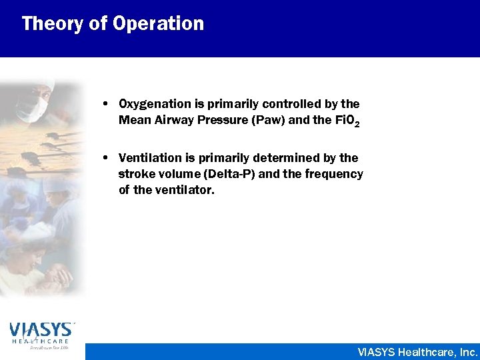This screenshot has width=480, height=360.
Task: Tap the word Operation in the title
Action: pyautogui.click(x=159, y=24)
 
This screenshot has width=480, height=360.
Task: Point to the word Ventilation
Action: pyautogui.click(x=145, y=158)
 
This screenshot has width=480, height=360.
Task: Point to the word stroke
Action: pyautogui.click(x=135, y=175)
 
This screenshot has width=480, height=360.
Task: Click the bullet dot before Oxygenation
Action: pyautogui.click(x=107, y=105)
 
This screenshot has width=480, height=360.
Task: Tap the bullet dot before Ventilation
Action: pyautogui.click(x=107, y=159)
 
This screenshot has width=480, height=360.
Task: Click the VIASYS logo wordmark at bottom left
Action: pyautogui.click(x=41, y=329)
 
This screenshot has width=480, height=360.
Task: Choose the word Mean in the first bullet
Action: pyautogui.click(x=131, y=121)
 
